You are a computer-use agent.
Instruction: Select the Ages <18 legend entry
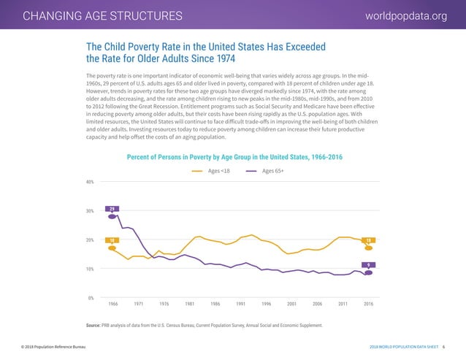213,171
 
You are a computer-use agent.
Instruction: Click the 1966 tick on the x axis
113,304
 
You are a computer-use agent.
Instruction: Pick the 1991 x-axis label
241,304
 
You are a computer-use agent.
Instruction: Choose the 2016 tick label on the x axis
369,304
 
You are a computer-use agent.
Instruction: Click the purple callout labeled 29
112,210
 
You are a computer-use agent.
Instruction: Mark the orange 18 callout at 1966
112,240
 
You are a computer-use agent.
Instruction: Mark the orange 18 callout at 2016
369,240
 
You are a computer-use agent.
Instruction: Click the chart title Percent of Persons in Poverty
234,157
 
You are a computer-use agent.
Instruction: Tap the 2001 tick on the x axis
292,304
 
